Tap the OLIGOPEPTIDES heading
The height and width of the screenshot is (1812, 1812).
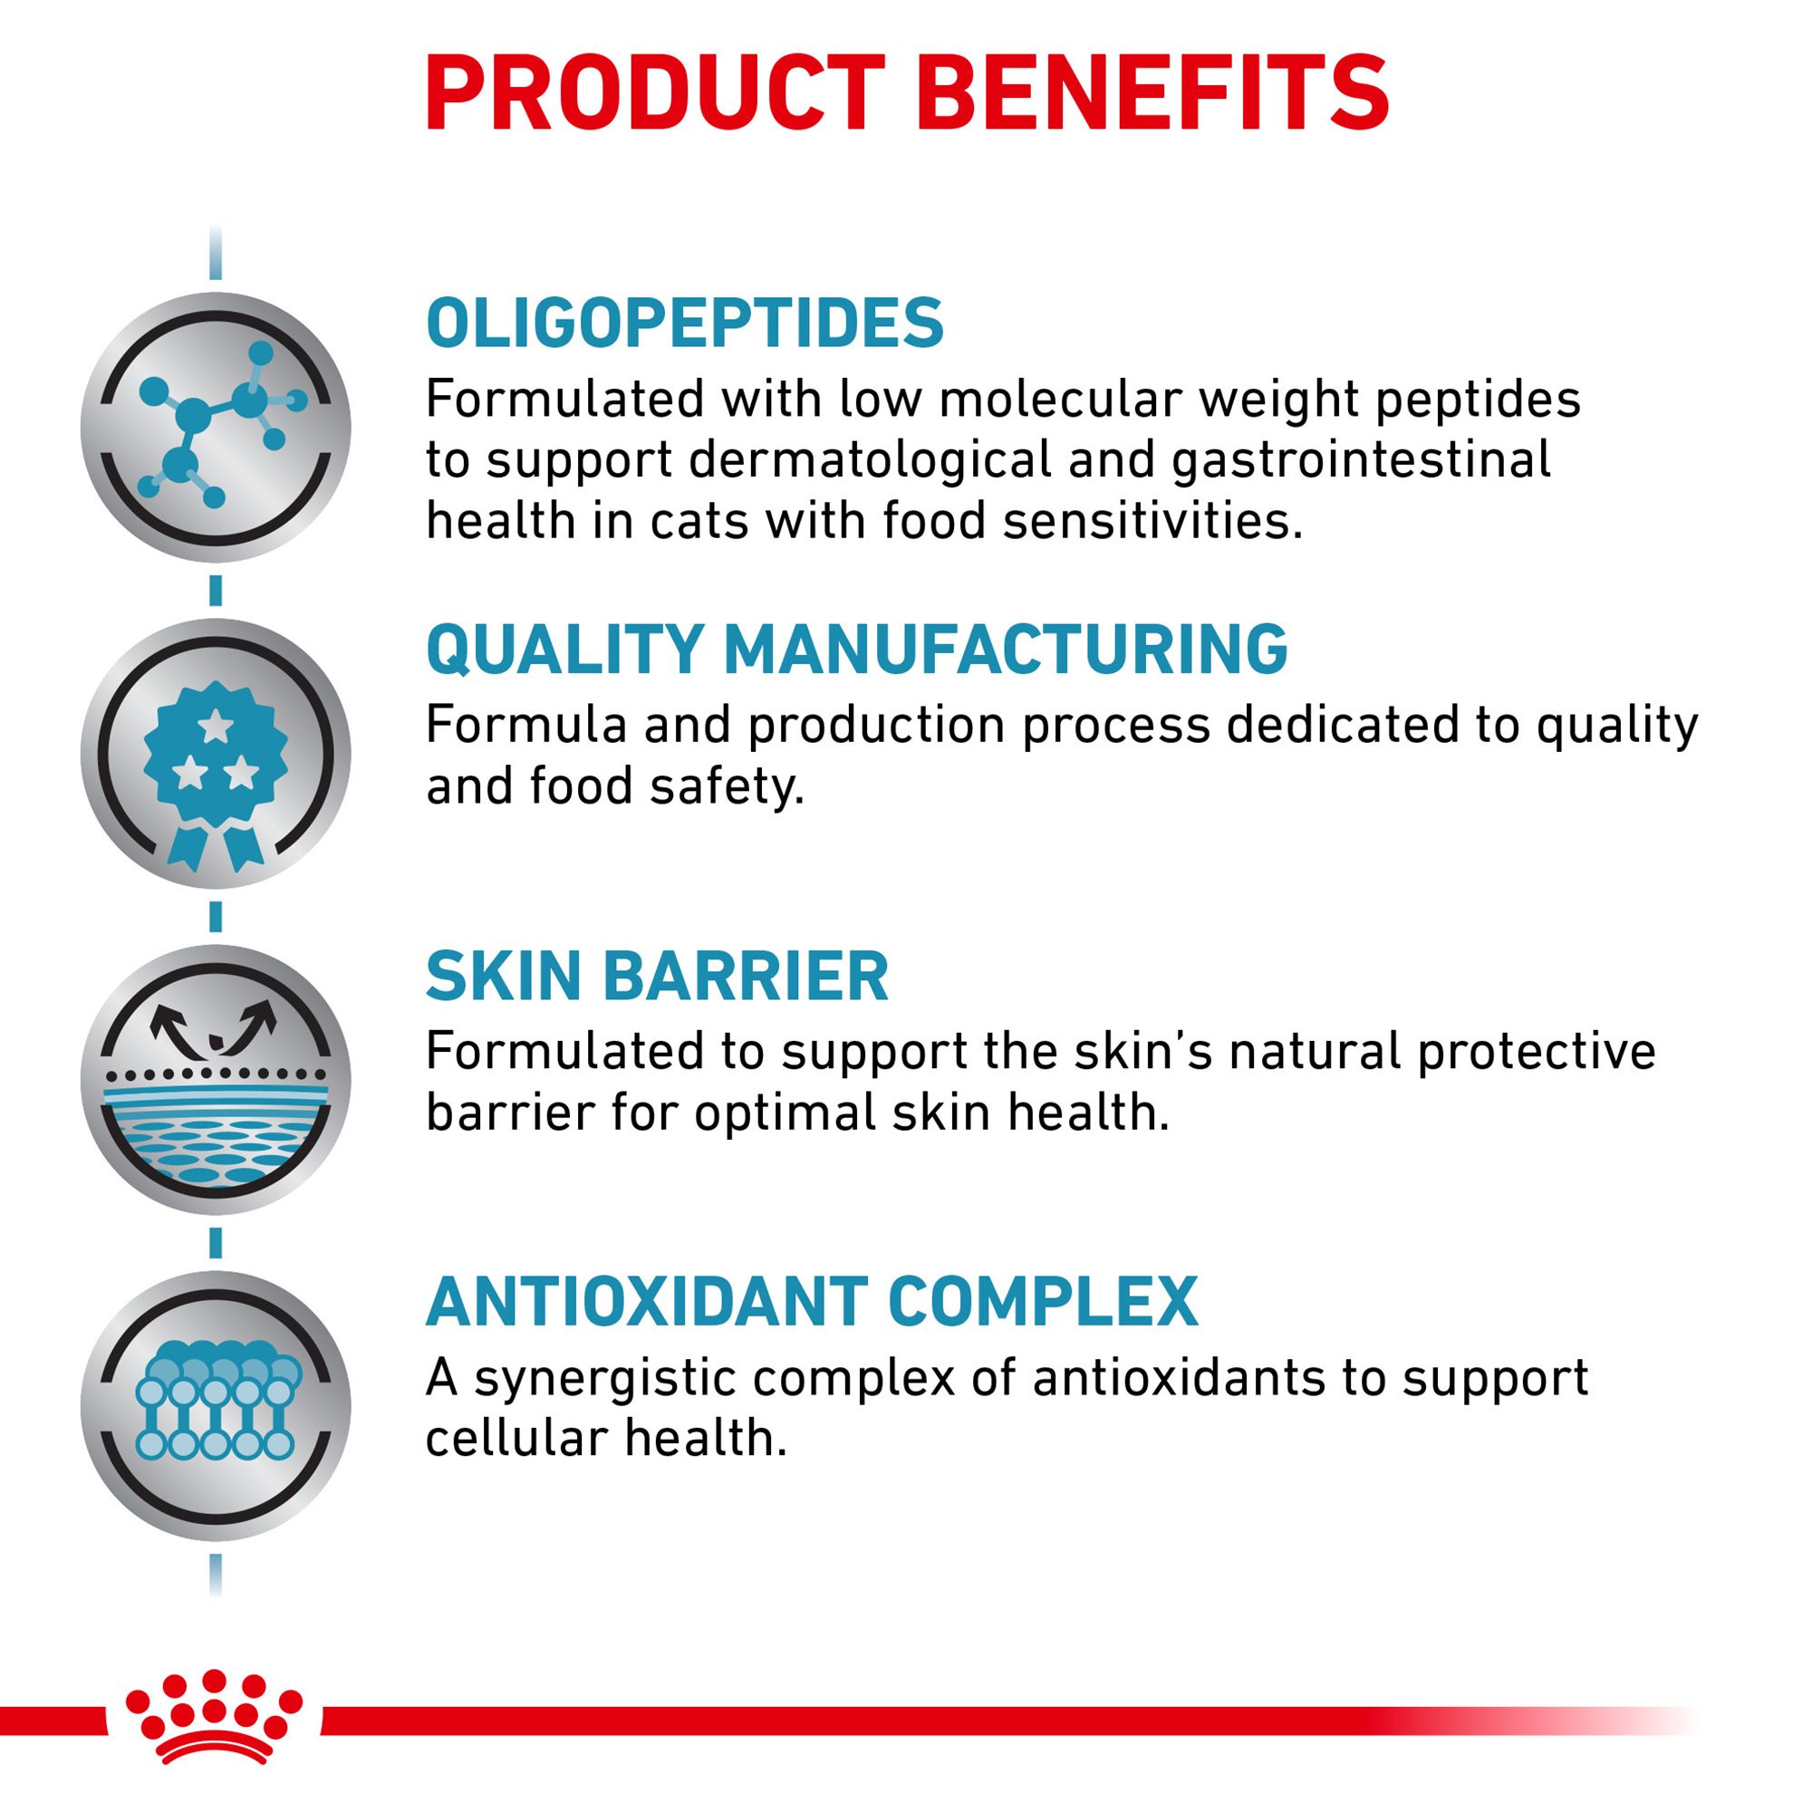click(x=685, y=323)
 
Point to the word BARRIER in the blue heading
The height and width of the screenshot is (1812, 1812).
click(x=751, y=976)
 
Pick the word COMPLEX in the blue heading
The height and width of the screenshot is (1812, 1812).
click(x=1043, y=1301)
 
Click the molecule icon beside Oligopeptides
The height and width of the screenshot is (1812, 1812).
click(x=216, y=428)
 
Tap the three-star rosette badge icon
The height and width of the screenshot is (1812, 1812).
click(x=216, y=754)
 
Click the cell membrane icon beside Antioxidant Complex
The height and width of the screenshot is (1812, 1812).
click(x=216, y=1406)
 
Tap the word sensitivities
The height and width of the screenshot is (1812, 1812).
click(x=1153, y=522)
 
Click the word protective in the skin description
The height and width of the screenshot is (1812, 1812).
click(x=1537, y=1052)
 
